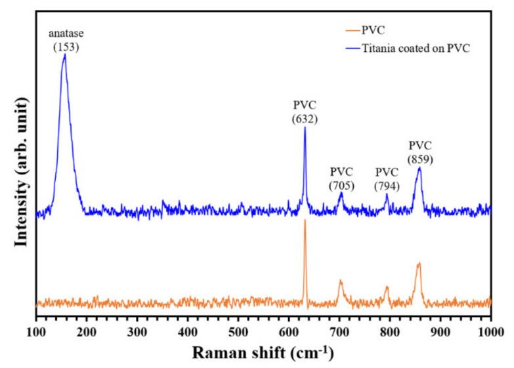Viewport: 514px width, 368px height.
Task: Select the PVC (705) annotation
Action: tap(341, 178)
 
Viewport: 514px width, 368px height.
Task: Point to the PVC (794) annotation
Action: tap(387, 178)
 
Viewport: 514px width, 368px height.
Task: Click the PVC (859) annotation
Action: tap(420, 152)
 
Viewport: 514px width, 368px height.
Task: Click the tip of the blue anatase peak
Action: tap(64, 55)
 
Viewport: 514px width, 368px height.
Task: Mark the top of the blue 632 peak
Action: tap(305, 127)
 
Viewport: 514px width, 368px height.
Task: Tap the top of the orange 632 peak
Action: tap(305, 220)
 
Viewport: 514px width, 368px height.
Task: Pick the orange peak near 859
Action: tap(418, 264)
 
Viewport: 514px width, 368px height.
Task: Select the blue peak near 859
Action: tap(419, 168)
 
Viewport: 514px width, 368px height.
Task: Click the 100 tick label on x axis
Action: tap(36, 330)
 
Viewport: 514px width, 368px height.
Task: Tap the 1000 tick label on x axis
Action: tap(490, 330)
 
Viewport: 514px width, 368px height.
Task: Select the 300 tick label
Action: tap(137, 330)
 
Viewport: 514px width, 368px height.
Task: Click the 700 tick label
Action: tap(339, 330)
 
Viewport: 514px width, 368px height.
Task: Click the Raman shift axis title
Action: tap(263, 353)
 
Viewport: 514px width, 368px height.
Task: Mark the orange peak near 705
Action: tap(340, 281)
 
